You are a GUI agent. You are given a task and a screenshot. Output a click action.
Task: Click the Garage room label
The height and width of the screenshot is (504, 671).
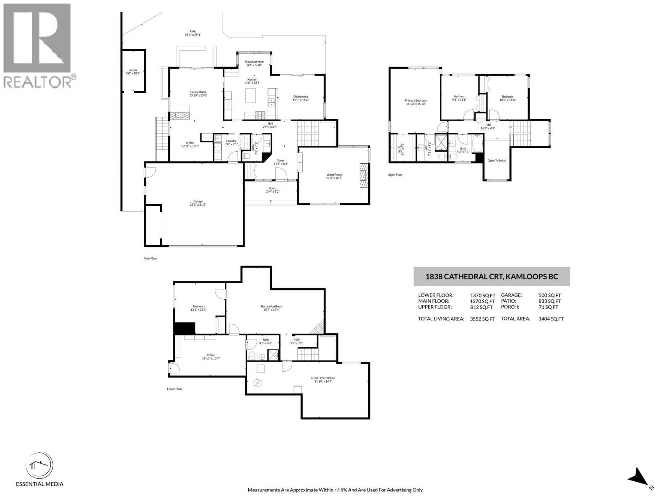coord(198,203)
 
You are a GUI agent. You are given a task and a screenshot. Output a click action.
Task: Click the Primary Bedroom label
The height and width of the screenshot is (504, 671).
coord(416,102)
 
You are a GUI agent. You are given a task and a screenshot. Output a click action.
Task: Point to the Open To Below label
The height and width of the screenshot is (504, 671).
coord(497,160)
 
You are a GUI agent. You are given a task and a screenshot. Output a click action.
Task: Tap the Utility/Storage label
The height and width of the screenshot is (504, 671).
coord(323,380)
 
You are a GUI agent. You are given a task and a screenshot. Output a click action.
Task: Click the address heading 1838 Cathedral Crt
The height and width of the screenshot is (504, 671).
coord(492,276)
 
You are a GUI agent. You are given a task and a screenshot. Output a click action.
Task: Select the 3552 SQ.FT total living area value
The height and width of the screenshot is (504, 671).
coord(482,319)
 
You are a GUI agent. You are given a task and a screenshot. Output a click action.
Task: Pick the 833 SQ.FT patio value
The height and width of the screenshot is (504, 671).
coord(549,301)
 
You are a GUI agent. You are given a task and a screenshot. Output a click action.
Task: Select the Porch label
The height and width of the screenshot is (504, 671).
coord(272,190)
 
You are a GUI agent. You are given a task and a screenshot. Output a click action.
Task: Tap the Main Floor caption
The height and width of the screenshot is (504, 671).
coord(150,259)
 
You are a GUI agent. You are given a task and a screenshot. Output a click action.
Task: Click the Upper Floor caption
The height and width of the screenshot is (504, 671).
coord(395,175)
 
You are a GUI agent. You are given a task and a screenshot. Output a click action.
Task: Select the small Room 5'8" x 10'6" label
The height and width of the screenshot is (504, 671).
coord(133,72)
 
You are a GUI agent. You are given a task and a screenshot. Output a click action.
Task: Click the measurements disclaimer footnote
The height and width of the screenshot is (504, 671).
coord(335,490)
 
